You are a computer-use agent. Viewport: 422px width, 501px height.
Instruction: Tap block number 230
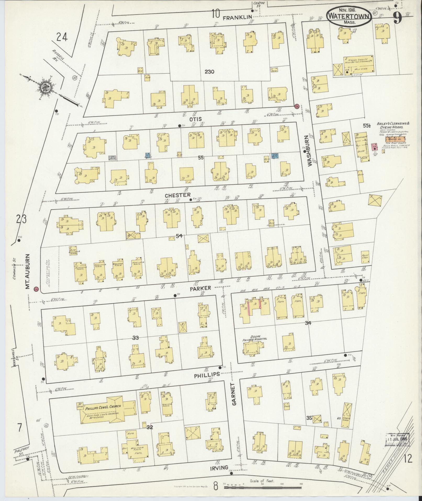209,71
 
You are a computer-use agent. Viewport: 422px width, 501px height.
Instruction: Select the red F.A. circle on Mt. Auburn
36,289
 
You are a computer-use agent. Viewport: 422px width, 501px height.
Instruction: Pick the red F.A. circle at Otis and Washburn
296,106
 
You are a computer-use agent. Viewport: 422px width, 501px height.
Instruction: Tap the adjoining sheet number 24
62,38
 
